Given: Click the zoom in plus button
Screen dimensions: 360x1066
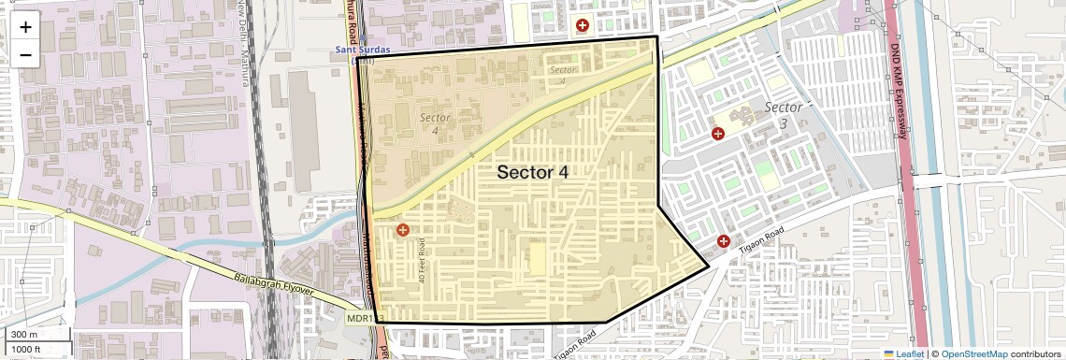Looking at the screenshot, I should tap(25, 27).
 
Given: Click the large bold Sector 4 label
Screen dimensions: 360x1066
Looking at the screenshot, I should tap(532, 172).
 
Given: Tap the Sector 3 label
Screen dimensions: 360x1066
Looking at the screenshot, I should tap(784, 115).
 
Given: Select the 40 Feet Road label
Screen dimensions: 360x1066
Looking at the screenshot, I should tap(423, 261).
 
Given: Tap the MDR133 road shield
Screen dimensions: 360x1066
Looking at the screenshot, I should tap(365, 319).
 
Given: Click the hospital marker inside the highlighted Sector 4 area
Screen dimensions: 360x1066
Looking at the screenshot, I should tap(403, 230).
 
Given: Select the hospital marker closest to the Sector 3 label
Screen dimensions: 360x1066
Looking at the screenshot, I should tap(718, 134).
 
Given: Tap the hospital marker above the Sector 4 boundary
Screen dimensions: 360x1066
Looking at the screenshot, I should tap(583, 25).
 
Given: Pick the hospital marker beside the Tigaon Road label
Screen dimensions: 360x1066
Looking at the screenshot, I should tap(723, 242).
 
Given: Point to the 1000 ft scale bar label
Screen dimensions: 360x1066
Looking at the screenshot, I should tap(27, 349).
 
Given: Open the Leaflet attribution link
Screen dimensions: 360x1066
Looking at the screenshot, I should tap(903, 353).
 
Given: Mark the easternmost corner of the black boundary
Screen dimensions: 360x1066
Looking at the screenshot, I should tap(708, 266).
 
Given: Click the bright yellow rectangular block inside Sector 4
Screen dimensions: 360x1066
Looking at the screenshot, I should tap(537, 257).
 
